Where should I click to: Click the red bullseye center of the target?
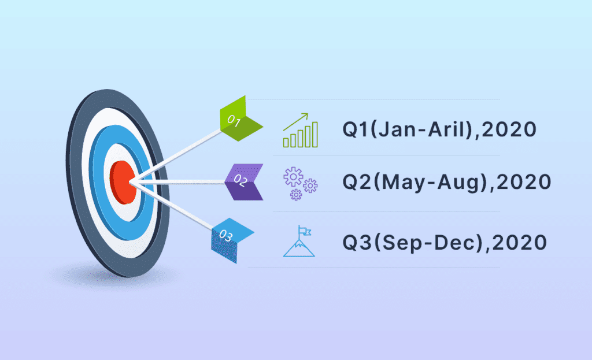pyautogui.click(x=123, y=182)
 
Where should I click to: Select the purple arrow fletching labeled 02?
pyautogui.click(x=244, y=182)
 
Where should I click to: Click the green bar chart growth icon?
pyautogui.click(x=301, y=130)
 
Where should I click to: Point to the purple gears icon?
pyautogui.click(x=301, y=183)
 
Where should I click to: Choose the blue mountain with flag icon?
pyautogui.click(x=299, y=241)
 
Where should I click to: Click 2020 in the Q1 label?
pyautogui.click(x=509, y=129)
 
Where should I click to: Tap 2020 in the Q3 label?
pyautogui.click(x=520, y=242)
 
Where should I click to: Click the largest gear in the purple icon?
pyautogui.click(x=293, y=177)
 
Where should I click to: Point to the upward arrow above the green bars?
pyautogui.click(x=296, y=121)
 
